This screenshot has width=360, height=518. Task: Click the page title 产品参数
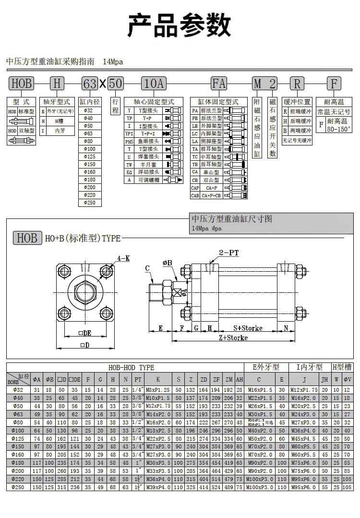tap(180, 25)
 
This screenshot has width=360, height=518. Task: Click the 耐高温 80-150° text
tap(339, 126)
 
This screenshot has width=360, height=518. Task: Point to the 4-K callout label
tap(123, 258)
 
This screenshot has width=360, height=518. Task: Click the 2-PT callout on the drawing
tap(228, 252)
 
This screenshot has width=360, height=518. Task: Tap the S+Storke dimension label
tap(248, 328)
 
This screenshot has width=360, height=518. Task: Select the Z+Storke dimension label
tap(233, 337)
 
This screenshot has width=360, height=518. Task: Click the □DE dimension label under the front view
tap(84, 333)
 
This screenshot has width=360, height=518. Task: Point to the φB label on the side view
tap(168, 263)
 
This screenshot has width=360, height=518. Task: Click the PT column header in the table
tap(138, 380)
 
